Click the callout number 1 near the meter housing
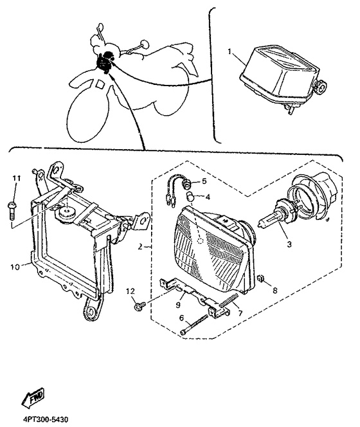tap(230, 51)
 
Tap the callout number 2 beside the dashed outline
tap(140, 247)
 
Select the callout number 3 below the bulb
tap(289, 244)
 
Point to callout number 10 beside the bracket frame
tap(15, 267)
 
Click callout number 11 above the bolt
tap(16, 178)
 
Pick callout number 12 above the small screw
tap(130, 291)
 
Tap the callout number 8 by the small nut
tap(274, 290)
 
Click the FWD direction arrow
tap(33, 397)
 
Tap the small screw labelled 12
tap(138, 306)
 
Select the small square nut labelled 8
tap(261, 279)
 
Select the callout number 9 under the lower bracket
tap(178, 304)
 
